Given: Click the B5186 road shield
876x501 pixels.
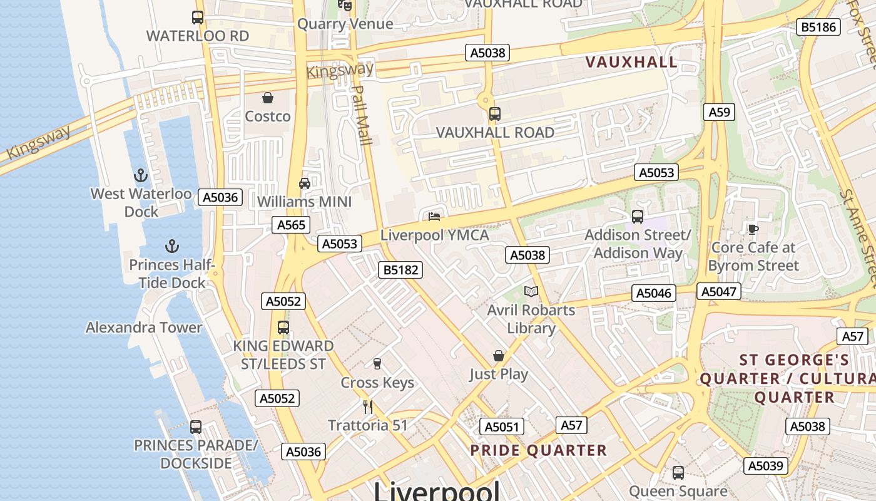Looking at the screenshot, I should click(x=818, y=27).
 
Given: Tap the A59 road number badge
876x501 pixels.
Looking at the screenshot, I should click(x=719, y=112).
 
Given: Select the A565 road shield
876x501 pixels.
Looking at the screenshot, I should click(x=291, y=225).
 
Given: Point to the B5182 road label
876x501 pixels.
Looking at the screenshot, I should click(x=400, y=270).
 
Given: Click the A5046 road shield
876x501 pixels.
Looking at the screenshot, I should click(x=654, y=293).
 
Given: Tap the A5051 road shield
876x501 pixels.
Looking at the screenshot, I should click(x=502, y=427).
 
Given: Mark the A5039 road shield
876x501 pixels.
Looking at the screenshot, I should click(x=766, y=465).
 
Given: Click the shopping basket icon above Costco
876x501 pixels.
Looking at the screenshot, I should click(x=268, y=98).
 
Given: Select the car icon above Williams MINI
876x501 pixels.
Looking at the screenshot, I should click(x=305, y=183).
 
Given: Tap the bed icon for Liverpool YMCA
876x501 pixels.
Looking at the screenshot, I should click(x=434, y=217).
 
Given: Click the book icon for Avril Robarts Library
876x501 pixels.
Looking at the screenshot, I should click(x=531, y=291).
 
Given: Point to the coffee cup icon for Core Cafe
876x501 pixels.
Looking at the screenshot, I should click(x=753, y=229).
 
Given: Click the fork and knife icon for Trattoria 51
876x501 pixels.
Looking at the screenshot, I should click(x=368, y=406).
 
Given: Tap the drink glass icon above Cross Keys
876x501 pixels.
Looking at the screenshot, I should click(x=377, y=364).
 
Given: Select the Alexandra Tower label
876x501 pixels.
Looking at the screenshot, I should click(x=144, y=328).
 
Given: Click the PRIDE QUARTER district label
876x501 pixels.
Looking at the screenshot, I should click(x=538, y=450).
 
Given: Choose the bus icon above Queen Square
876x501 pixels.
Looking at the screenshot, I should click(x=678, y=473).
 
